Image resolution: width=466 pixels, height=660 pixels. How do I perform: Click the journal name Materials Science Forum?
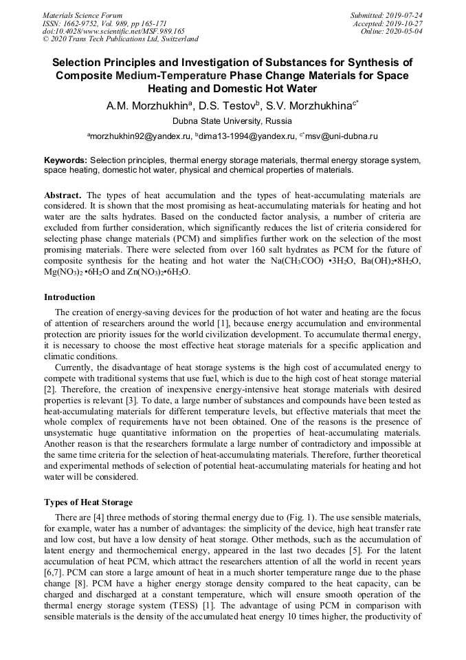82,15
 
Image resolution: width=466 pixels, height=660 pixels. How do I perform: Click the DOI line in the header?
113,31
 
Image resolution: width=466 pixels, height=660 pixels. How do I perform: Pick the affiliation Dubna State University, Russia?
232,121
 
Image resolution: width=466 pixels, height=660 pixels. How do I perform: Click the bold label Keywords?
66,160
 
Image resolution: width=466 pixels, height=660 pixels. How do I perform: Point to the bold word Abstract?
63,195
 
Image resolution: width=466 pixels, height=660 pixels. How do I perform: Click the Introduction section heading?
69,297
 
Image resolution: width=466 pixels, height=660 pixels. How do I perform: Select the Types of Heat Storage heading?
88,502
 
